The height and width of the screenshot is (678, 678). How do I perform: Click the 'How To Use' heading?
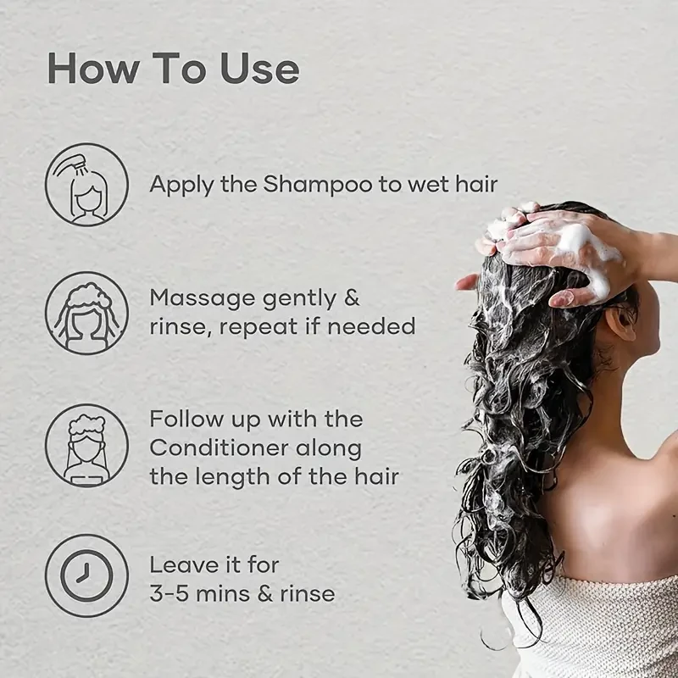173,68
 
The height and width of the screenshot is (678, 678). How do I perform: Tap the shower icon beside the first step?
86,185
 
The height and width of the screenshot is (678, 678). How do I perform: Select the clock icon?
86,575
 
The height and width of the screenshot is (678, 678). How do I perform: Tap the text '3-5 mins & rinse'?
242,593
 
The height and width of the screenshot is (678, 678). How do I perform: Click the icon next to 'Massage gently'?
86,313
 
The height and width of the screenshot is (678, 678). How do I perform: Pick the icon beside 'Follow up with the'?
86,446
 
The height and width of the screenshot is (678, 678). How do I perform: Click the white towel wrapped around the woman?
593,627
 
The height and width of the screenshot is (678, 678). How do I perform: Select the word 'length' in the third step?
236,476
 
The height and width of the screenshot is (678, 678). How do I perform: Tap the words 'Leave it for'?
214,564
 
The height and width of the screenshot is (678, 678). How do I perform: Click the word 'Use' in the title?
259,68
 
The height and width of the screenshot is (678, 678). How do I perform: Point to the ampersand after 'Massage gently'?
351,298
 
